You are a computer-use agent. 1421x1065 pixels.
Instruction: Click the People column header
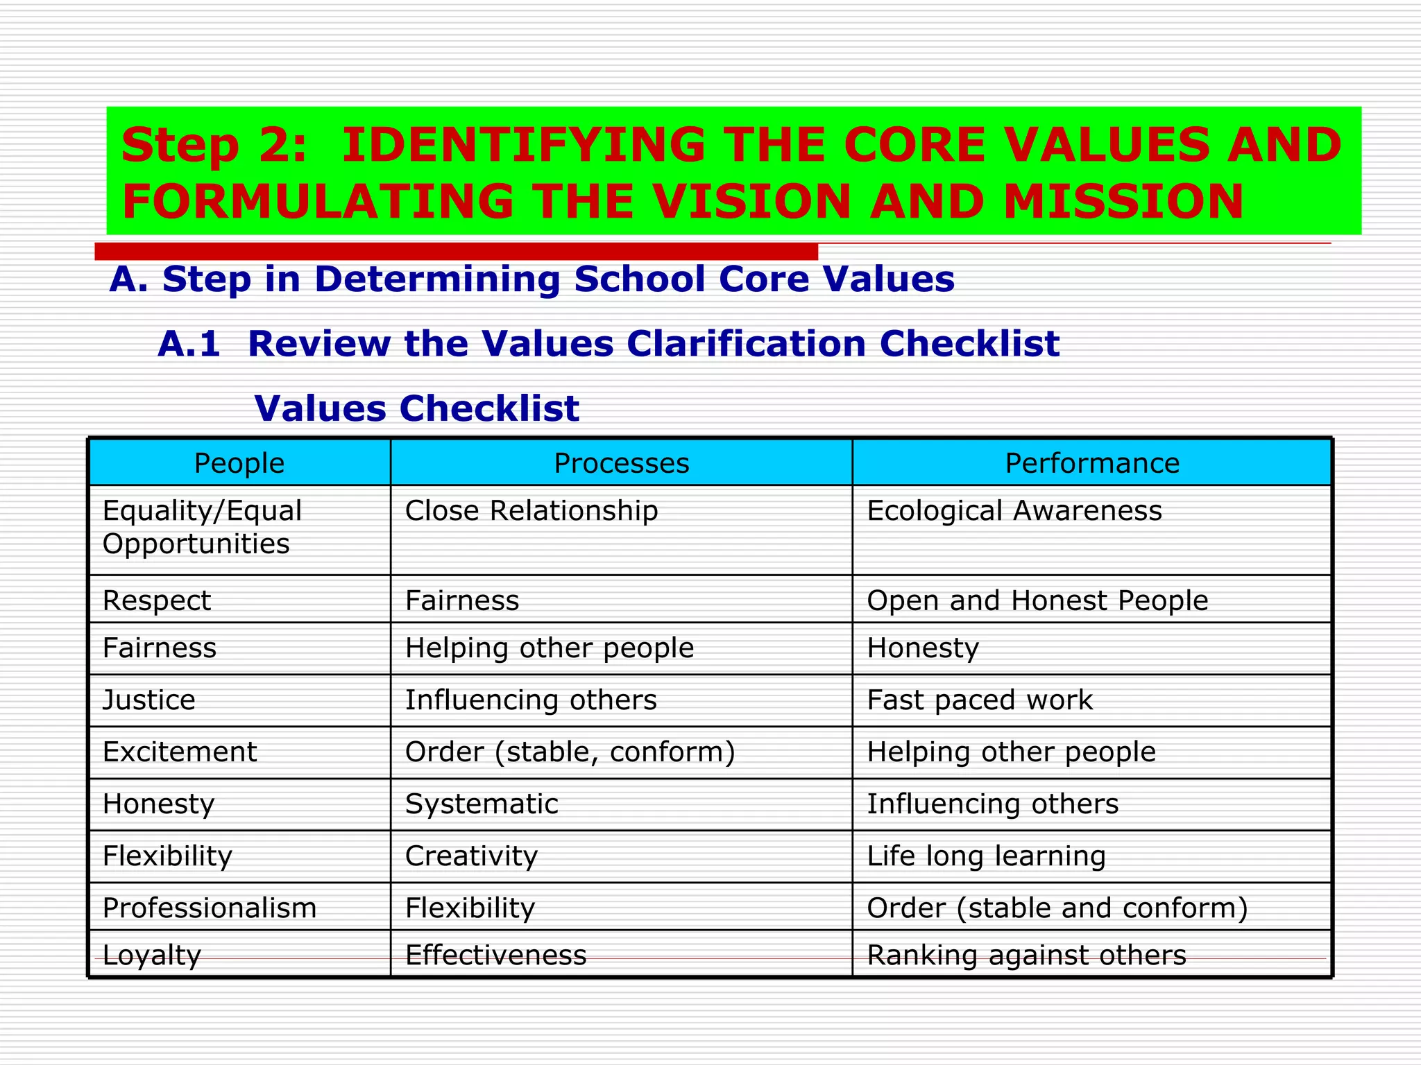(x=239, y=463)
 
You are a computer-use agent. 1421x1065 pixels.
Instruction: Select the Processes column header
(x=621, y=463)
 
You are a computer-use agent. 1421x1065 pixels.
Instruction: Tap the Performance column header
(x=1092, y=463)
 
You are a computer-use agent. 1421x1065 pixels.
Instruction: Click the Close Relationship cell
(x=531, y=511)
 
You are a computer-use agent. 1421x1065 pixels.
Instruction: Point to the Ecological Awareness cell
(x=1014, y=511)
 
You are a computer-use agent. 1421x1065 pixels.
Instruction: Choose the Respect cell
(x=157, y=600)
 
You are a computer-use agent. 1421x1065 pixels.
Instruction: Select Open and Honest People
(x=1037, y=600)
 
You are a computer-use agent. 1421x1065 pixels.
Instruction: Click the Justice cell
(x=149, y=700)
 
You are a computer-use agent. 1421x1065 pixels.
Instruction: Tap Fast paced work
(x=980, y=700)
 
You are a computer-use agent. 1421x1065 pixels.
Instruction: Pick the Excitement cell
(x=180, y=752)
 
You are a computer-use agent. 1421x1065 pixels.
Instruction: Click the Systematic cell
(x=482, y=804)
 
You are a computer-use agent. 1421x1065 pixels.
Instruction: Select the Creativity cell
(x=471, y=856)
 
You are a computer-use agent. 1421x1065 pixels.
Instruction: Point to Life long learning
(x=986, y=856)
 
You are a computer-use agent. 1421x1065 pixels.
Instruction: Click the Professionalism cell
(x=210, y=908)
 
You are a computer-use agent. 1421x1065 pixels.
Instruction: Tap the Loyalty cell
(x=152, y=955)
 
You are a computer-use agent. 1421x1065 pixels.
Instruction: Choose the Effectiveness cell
(x=495, y=955)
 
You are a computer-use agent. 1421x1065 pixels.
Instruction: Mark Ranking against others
(x=1026, y=955)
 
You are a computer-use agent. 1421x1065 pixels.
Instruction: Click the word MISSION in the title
(x=1123, y=202)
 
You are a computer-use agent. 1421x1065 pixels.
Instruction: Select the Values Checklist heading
(x=416, y=408)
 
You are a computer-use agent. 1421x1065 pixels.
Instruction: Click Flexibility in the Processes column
(x=470, y=908)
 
